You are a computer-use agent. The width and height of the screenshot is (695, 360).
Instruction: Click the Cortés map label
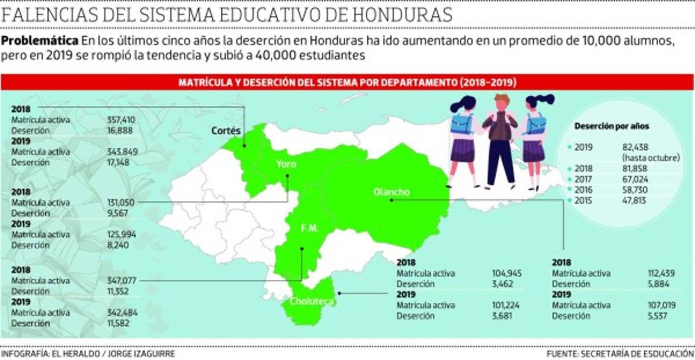point(226,131)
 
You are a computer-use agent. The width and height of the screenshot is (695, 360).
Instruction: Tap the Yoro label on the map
point(286,164)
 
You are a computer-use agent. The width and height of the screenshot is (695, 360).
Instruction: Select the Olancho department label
point(392,192)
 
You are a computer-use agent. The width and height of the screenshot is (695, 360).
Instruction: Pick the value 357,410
point(121,120)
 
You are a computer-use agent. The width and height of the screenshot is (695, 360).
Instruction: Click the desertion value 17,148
point(119,162)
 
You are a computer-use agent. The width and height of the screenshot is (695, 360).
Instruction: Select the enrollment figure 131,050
point(121,203)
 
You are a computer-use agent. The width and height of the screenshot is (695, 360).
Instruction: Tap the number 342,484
point(121,313)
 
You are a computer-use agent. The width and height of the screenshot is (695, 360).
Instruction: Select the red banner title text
point(347,83)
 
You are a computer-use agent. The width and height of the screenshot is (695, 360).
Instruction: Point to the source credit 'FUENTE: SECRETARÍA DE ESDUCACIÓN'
point(620,353)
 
